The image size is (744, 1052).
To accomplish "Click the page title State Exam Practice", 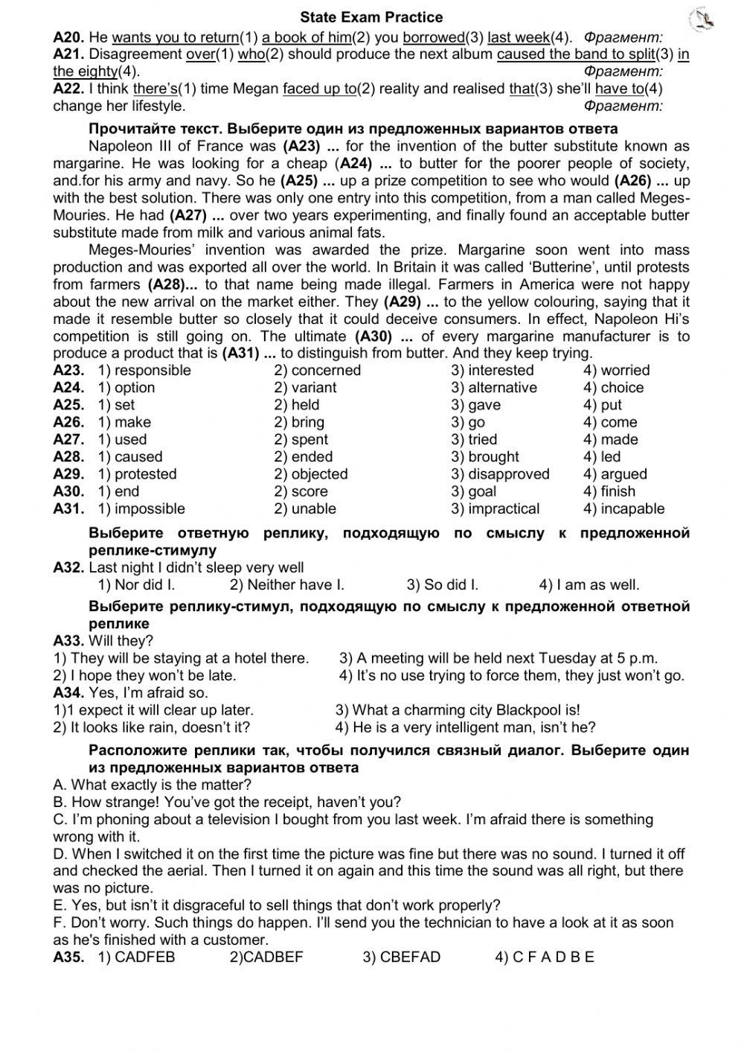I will click(371, 17).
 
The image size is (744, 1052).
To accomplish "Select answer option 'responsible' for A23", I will click(145, 370).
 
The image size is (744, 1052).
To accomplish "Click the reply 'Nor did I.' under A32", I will click(137, 584).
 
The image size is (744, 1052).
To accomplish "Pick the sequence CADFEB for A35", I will click(137, 957).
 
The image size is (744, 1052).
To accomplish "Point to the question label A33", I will click(68, 640).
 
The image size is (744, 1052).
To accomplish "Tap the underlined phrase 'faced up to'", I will click(319, 89).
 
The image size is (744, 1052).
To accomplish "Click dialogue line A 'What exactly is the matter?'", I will click(153, 784).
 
